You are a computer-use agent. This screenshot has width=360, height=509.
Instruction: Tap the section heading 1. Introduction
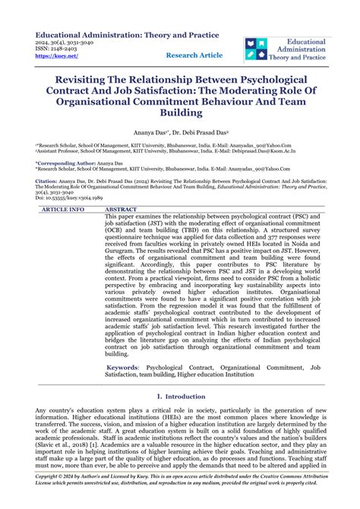tap(180, 397)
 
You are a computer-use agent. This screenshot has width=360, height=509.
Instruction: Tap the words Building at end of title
tap(180, 113)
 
